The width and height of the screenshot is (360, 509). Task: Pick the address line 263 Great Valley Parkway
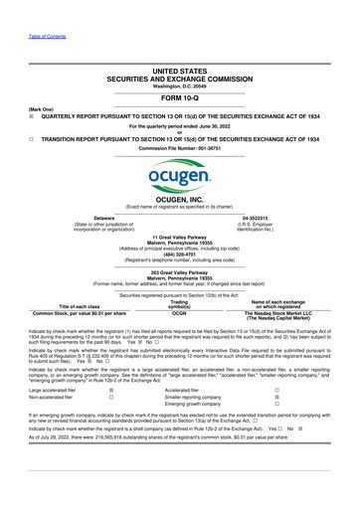(179, 271)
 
